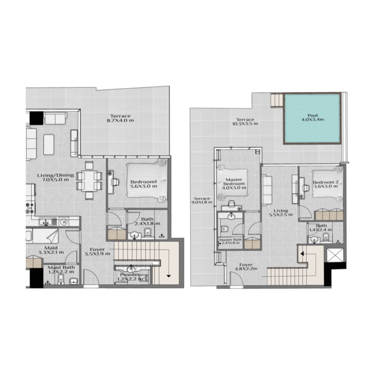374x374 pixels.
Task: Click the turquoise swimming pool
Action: [311, 119]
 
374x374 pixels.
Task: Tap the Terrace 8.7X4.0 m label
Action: [120, 119]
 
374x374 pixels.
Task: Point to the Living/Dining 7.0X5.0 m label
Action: [56, 178]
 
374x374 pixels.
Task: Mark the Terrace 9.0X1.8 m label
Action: [201, 201]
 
